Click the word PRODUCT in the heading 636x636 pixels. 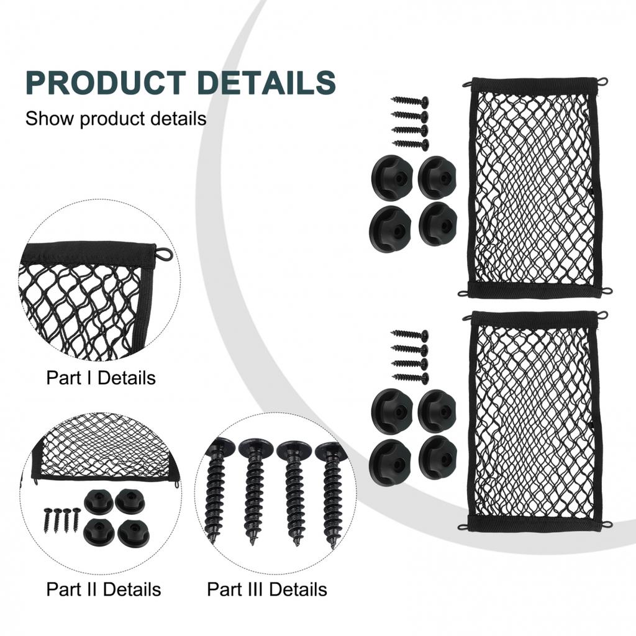[106, 83]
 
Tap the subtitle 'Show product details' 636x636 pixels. [116, 118]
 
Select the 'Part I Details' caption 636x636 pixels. [101, 377]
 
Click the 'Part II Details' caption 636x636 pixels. [103, 589]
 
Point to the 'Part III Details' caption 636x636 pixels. [267, 589]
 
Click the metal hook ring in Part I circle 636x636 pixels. [163, 254]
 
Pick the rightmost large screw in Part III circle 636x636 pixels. [331, 491]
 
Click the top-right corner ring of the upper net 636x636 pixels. [602, 81]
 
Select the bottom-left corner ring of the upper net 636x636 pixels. [463, 293]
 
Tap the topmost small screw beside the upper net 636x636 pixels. [410, 101]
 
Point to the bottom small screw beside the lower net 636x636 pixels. [410, 378]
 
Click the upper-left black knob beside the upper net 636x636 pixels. [392, 176]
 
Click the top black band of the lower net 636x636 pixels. [534, 318]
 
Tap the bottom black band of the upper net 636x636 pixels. [534, 290]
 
